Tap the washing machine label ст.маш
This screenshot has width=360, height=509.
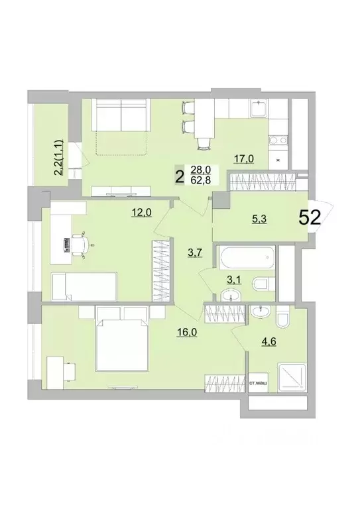(x=258, y=382)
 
